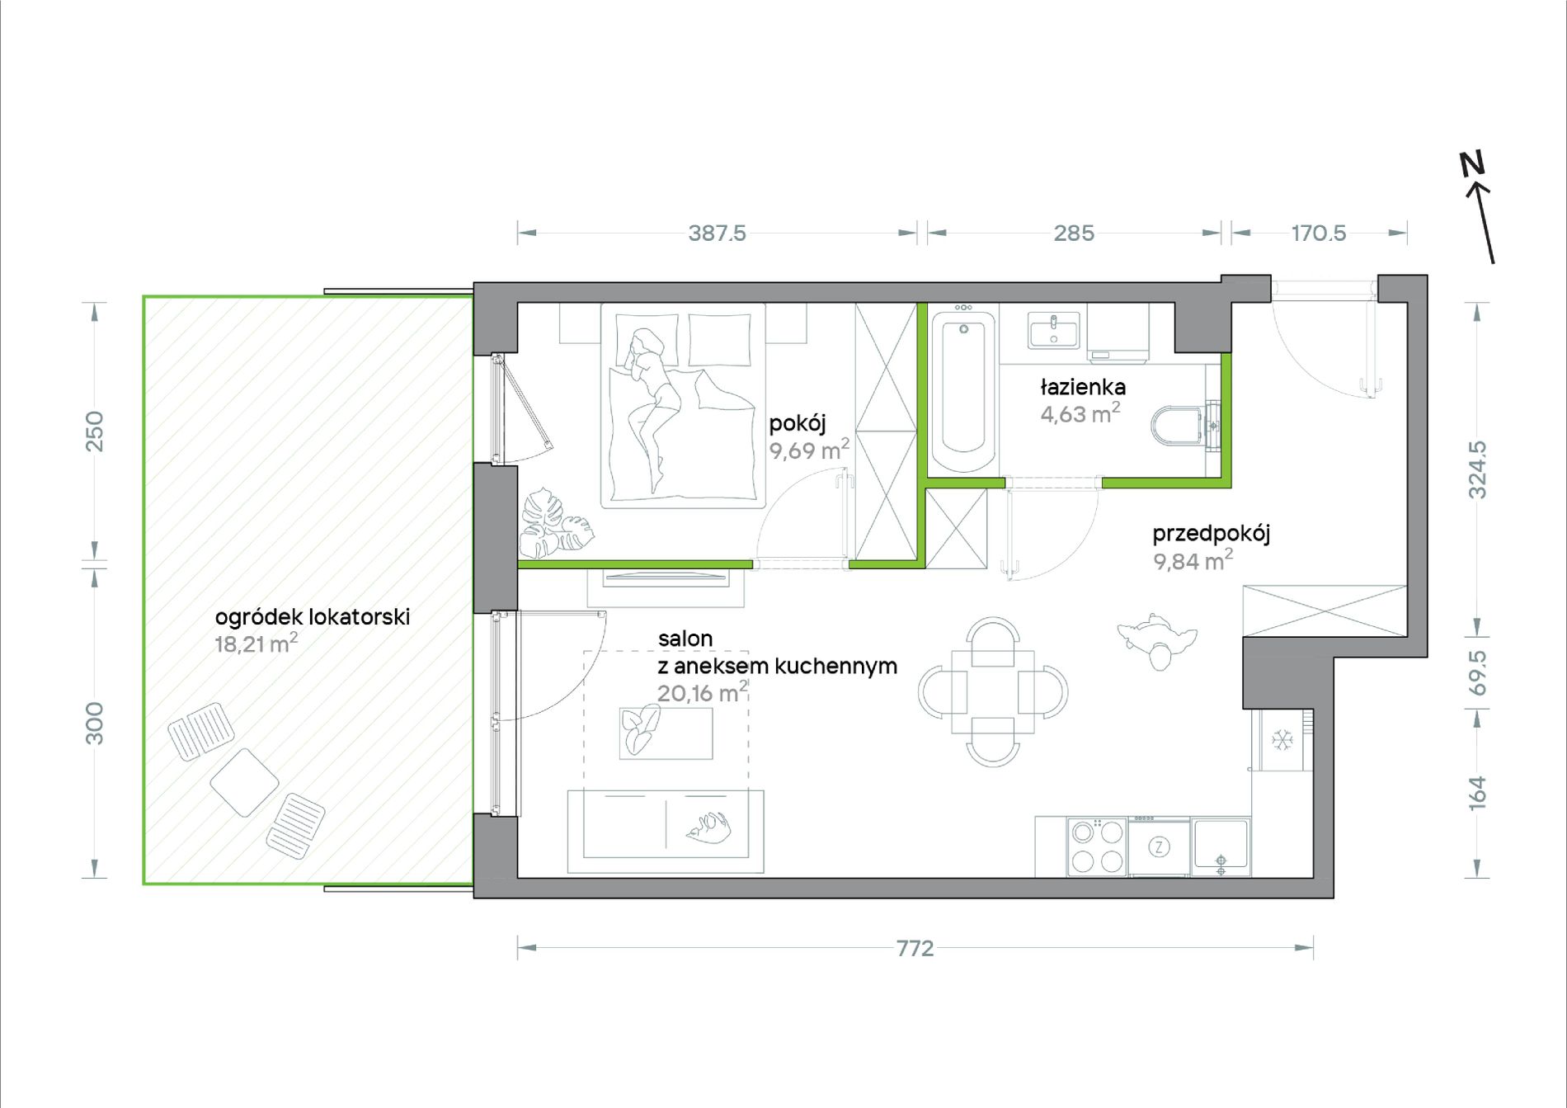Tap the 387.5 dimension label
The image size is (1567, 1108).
[717, 233]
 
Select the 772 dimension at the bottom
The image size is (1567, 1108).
[915, 948]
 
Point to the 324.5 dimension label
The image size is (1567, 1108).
[1477, 469]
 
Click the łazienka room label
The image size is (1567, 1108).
[1083, 386]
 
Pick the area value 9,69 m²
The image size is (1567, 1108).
[809, 450]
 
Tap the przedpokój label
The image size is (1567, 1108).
[1211, 533]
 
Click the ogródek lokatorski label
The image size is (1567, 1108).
[313, 616]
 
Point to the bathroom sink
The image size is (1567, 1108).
[1053, 330]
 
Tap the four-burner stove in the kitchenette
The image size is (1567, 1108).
[1097, 846]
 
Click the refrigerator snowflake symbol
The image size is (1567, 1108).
[1282, 740]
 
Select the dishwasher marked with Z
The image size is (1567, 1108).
[1160, 847]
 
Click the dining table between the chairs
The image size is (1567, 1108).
[993, 691]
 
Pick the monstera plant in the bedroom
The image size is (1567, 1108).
[555, 523]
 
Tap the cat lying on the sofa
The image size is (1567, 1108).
[708, 827]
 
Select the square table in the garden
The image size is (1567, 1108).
[244, 782]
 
